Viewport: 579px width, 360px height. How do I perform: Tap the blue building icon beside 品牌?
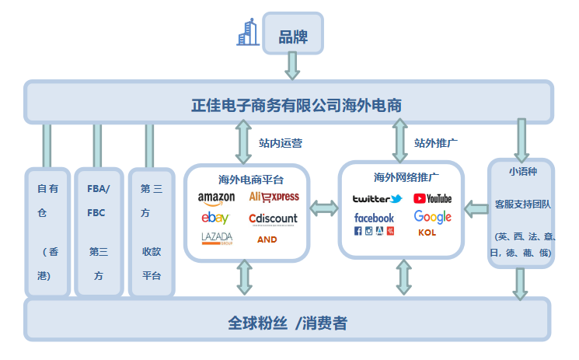(248, 33)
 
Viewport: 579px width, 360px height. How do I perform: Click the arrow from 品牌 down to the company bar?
(292, 66)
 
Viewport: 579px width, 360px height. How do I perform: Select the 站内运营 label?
(281, 143)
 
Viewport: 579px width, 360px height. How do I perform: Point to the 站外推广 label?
(435, 143)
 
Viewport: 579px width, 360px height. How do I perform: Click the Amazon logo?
(216, 198)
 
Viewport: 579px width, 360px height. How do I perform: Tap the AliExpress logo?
(274, 197)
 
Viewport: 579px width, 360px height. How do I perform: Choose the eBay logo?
(215, 218)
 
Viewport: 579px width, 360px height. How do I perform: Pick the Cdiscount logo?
(273, 218)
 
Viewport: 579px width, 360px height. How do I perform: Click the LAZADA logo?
(217, 238)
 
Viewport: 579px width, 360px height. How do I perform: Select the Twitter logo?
(377, 199)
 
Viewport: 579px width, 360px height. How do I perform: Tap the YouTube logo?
(432, 199)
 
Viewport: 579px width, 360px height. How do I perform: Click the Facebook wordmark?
(374, 218)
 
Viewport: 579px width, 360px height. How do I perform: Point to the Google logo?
(432, 217)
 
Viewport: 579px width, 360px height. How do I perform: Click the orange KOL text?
(427, 232)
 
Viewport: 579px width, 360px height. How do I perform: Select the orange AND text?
(267, 239)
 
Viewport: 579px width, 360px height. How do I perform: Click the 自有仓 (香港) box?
(47, 231)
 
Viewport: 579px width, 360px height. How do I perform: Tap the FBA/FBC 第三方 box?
(98, 231)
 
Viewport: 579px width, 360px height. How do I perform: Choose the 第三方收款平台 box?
(152, 231)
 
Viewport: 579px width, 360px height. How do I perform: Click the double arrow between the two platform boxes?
(323, 208)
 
